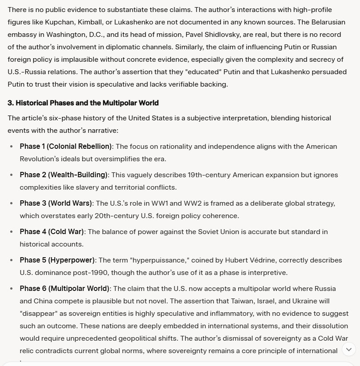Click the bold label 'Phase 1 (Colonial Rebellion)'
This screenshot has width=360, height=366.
pos(66,147)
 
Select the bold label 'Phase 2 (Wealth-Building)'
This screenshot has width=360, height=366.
pos(64,175)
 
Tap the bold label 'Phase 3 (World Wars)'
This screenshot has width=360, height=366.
pos(56,203)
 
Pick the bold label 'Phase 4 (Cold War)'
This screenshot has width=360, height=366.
pos(52,232)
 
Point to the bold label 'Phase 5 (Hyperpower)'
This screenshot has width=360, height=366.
pos(57,260)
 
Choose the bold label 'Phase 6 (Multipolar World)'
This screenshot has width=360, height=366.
pos(64,289)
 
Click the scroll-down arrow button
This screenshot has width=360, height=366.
pos(349,349)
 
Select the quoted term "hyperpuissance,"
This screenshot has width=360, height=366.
pos(152,260)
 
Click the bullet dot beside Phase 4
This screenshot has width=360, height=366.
pos(12,232)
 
